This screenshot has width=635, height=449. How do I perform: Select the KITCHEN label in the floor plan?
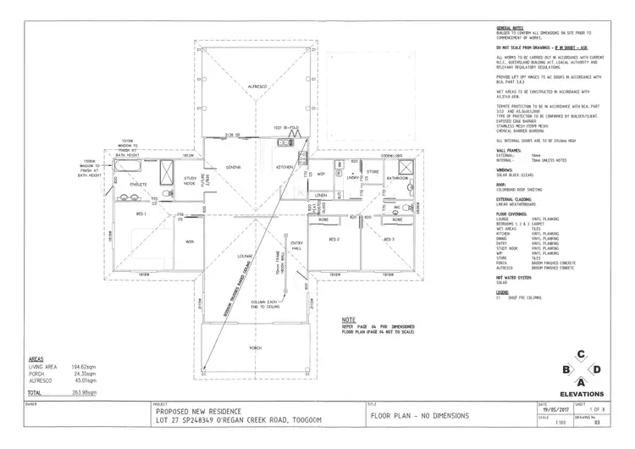pos(284,168)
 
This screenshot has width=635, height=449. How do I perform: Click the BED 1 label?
pos(140,214)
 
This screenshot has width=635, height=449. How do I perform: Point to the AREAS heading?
pos(38,359)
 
